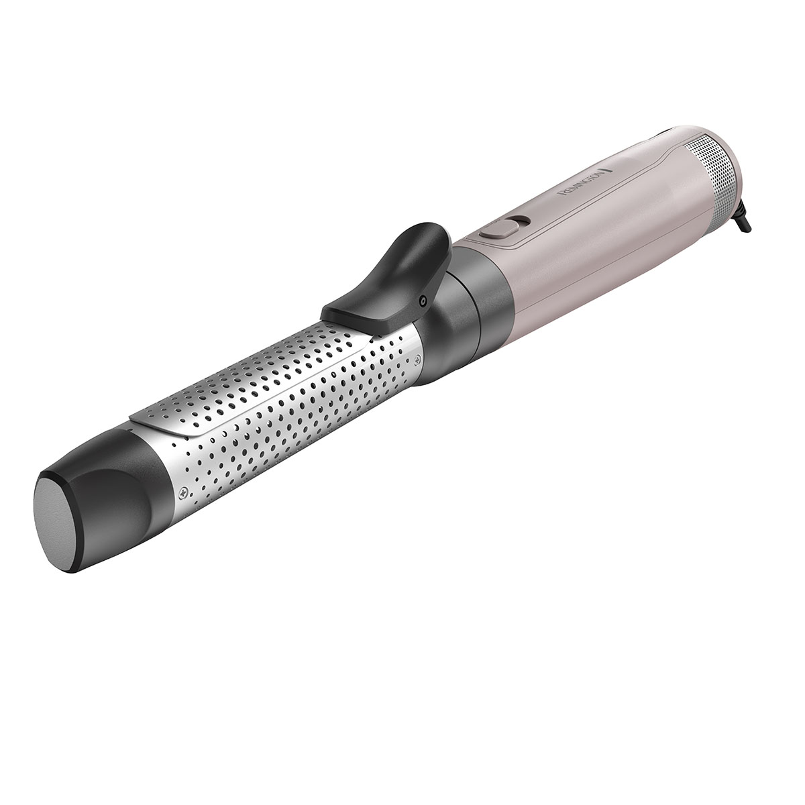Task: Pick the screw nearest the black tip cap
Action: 182,494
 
